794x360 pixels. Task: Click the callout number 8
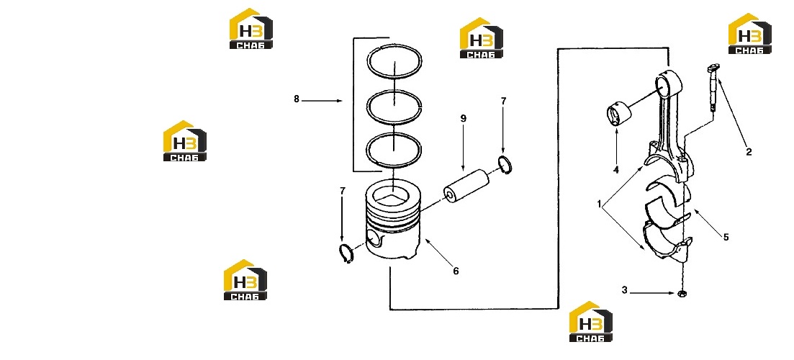(x=297, y=99)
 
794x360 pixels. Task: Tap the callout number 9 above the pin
(x=464, y=119)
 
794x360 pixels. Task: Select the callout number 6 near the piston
(x=456, y=271)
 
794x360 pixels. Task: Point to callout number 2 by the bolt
(x=749, y=151)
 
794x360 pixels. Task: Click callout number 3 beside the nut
(x=624, y=290)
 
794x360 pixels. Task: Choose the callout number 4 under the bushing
(x=616, y=170)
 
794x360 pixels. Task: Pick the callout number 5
(x=726, y=237)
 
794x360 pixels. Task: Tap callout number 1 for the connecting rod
(x=600, y=204)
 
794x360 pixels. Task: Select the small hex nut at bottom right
(x=682, y=293)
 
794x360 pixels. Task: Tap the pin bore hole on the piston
(x=373, y=238)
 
